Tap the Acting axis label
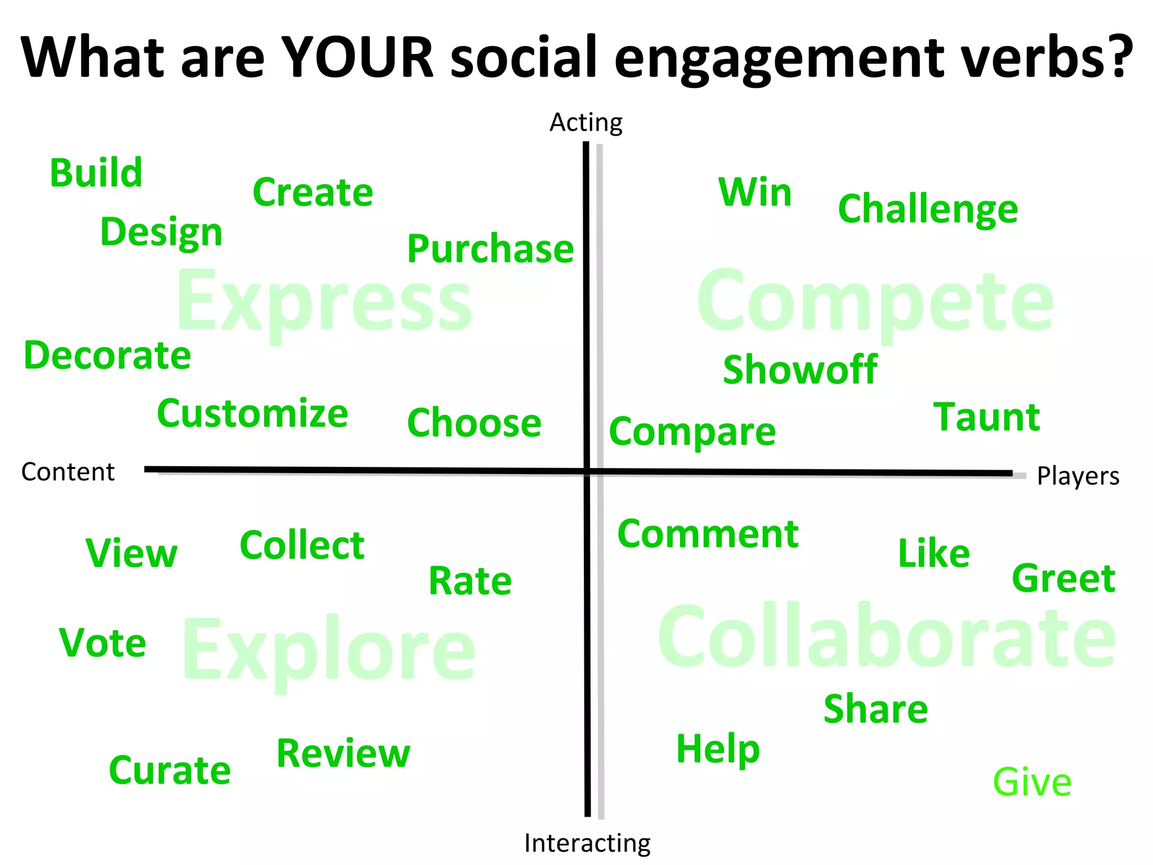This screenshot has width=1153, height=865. (x=586, y=122)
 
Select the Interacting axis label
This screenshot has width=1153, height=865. (x=587, y=843)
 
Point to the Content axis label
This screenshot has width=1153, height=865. (x=68, y=472)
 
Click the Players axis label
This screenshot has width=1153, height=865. (x=1078, y=476)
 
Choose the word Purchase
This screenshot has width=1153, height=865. (x=490, y=249)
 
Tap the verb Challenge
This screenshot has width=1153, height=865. (x=928, y=209)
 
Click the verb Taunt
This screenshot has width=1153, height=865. (x=986, y=417)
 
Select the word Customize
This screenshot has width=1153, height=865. (x=252, y=414)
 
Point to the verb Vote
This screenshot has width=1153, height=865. (x=102, y=643)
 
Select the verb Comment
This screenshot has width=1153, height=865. (x=708, y=534)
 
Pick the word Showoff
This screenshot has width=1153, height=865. (x=800, y=370)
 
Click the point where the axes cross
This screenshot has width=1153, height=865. (x=587, y=471)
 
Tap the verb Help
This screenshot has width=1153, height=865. (x=718, y=748)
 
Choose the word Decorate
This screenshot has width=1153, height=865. (x=108, y=356)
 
